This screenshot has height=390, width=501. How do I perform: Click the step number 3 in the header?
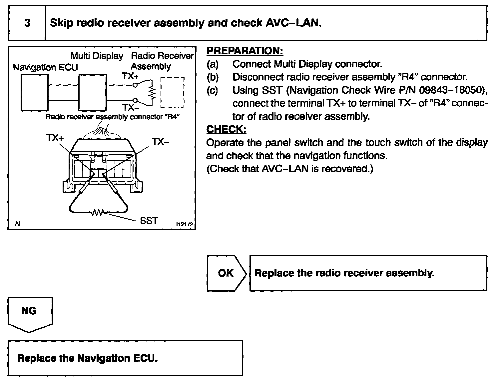coord(27,23)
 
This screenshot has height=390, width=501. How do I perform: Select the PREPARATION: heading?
coord(245,51)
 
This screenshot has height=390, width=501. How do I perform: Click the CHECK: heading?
coord(226,129)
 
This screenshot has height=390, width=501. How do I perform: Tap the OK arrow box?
coord(226,273)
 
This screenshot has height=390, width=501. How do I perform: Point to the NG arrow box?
coord(30,313)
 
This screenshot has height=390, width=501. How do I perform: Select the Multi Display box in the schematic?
coord(93,92)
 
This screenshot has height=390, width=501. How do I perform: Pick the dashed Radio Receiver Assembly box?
coord(172,92)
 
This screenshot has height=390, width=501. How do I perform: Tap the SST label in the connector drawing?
coord(149,221)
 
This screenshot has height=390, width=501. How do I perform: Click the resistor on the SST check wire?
coord(98,212)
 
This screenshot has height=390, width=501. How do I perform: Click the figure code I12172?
coord(184,225)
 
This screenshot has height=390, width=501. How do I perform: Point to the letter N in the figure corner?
coord(17,224)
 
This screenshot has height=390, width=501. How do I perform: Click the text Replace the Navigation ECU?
coord(87,358)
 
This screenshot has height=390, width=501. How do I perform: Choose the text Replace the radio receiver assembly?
coord(344,273)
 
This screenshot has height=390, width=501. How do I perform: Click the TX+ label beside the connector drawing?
coord(55,137)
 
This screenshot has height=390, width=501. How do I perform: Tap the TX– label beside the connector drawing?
coord(160,142)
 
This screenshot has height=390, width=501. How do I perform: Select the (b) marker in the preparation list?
coord(213,77)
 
